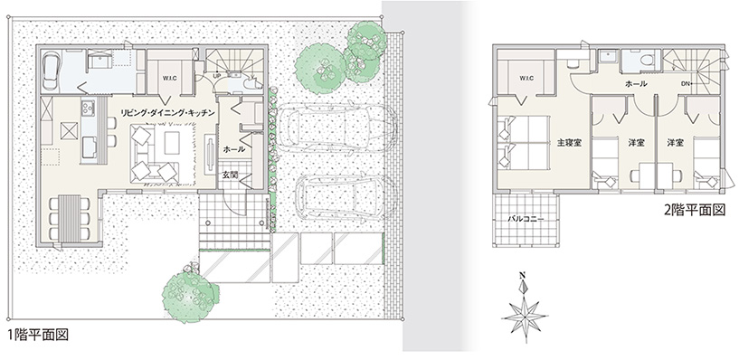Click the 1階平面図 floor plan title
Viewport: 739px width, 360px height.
click(39, 336)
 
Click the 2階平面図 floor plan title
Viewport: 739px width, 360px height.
click(695, 210)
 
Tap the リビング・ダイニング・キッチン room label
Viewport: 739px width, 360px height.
click(168, 113)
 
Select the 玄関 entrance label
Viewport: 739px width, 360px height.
click(231, 175)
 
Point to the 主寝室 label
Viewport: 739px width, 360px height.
click(569, 142)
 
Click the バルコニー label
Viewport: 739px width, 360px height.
click(526, 219)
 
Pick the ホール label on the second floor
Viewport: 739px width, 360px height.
click(636, 84)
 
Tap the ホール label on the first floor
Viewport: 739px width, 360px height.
click(233, 149)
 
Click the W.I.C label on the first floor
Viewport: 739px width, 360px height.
click(170, 78)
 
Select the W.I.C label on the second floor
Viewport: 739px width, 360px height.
click(526, 78)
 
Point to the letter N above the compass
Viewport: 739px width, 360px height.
click(522, 275)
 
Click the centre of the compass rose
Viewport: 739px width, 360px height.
click(524, 315)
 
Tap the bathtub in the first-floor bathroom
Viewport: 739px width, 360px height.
click(51, 71)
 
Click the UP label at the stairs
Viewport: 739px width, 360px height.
click(217, 75)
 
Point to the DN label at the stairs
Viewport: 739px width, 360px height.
click(687, 84)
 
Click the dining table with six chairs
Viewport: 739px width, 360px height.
click(70, 217)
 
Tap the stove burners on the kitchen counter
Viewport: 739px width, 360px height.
click(88, 109)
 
